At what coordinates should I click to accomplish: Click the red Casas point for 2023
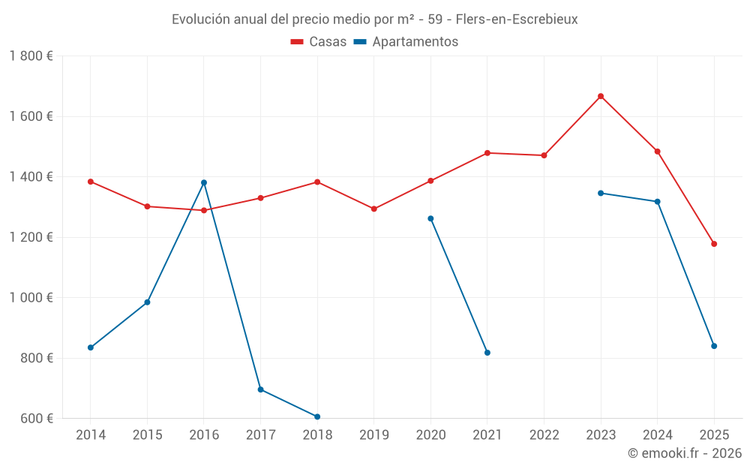coord(601,96)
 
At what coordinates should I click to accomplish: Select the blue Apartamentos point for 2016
coord(204,182)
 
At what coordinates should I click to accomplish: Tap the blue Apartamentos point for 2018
coord(317,416)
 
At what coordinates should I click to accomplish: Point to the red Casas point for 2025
coord(714,244)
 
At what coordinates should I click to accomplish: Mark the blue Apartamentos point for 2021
coord(487,353)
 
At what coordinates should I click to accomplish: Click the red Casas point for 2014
coord(91,182)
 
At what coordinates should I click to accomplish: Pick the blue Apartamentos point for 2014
coord(91,347)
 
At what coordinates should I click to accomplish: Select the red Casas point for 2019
coord(374,209)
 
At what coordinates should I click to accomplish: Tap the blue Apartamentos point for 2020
coord(430,218)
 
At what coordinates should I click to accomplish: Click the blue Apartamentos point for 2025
coord(714,346)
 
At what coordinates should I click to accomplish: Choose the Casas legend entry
coord(319,42)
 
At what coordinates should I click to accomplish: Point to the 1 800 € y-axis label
coord(31,56)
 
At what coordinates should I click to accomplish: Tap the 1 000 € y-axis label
coord(31,298)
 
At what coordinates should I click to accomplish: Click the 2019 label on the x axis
coord(374,435)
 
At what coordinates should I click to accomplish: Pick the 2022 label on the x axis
coord(544,435)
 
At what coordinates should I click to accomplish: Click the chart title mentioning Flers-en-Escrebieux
coord(374,20)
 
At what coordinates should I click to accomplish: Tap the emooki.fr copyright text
coord(684,453)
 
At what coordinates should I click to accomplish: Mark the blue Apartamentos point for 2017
coord(260,389)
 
